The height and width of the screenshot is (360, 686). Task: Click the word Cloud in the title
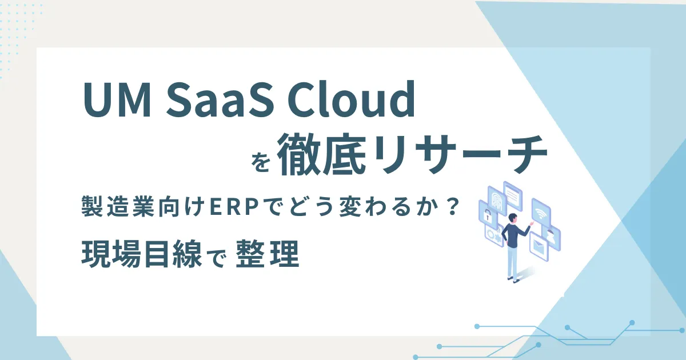[350, 99]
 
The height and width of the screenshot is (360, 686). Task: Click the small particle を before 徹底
[261, 162]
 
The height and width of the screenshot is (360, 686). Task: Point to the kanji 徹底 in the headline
[323, 155]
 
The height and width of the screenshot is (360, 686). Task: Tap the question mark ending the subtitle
[453, 207]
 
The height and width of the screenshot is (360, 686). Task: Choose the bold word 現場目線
[142, 254]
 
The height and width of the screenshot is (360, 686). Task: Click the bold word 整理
[268, 254]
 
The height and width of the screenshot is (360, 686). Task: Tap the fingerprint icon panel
[496, 199]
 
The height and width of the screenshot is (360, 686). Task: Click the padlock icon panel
[487, 215]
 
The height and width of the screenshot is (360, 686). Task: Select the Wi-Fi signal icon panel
[541, 213]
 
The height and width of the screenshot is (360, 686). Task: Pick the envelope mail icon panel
[539, 246]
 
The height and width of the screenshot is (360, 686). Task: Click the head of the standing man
[512, 218]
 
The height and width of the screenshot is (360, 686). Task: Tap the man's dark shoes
[513, 279]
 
